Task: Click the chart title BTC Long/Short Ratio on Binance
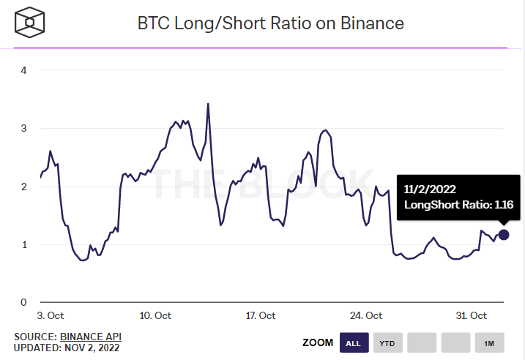(x=271, y=23)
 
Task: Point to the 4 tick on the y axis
(x=23, y=70)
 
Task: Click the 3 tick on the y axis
(x=23, y=128)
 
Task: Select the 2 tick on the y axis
(x=23, y=187)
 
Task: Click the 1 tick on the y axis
(x=23, y=244)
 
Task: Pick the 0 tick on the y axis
(x=23, y=302)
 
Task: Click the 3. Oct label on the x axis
(x=51, y=316)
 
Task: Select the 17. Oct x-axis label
(x=260, y=316)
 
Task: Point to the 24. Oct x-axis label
(x=365, y=316)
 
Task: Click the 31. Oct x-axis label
(x=471, y=316)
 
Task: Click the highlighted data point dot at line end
(x=504, y=235)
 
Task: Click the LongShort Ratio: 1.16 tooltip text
(x=458, y=206)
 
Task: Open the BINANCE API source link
(x=91, y=337)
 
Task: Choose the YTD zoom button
(x=388, y=342)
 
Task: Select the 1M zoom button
(x=489, y=342)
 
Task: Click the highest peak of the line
(x=208, y=104)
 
